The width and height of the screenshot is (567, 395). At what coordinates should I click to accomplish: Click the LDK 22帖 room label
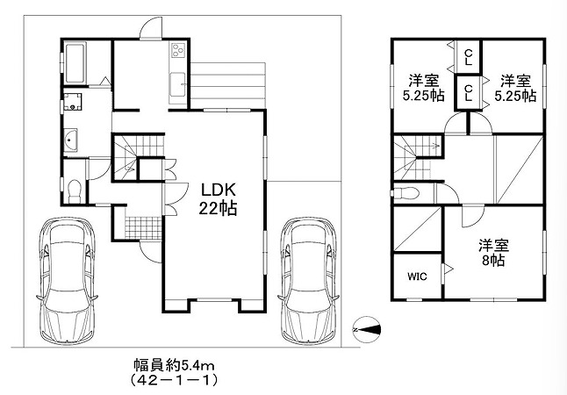tap(218, 199)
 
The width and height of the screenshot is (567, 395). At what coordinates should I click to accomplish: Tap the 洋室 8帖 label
tap(493, 253)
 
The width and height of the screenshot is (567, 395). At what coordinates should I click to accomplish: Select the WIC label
tap(417, 276)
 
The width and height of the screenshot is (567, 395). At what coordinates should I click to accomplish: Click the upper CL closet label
tap(469, 57)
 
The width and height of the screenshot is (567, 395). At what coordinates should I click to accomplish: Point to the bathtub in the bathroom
tap(75, 63)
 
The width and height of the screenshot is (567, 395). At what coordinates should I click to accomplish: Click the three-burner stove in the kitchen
tap(178, 50)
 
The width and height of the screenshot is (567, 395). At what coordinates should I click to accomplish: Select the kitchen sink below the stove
tap(177, 84)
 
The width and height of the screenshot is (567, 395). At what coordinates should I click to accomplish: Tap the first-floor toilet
tap(75, 191)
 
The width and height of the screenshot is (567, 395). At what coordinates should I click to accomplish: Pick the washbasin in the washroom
tap(70, 140)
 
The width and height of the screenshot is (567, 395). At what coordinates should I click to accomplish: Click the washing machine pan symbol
tap(72, 102)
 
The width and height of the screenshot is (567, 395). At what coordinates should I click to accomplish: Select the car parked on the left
tap(67, 280)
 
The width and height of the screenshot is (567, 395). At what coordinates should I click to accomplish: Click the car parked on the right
tap(308, 280)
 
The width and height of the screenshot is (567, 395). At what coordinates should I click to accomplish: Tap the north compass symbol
tap(367, 329)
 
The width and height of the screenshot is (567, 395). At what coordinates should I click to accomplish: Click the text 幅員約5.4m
tap(175, 366)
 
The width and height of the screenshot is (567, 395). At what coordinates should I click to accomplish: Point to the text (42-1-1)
tap(175, 380)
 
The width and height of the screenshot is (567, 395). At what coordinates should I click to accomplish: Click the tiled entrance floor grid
tap(143, 228)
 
